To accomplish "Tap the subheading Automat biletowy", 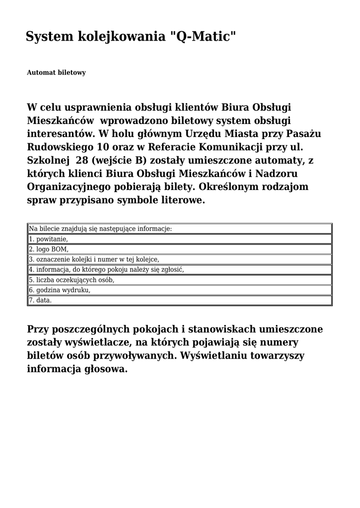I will coord(56,73).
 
